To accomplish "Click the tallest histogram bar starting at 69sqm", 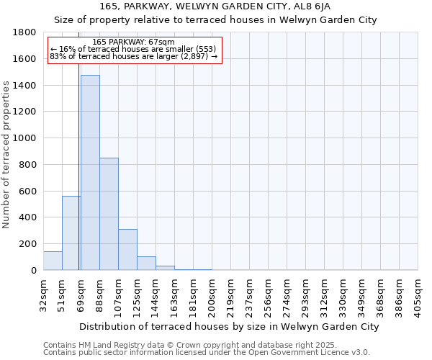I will pyautogui.click(x=90, y=173).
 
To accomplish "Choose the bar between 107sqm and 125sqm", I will pyautogui.click(x=127, y=249).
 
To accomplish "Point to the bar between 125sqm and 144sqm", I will pyautogui.click(x=146, y=263).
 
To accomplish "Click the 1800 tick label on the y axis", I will pyautogui.click(x=25, y=32).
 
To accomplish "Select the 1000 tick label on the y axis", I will pyautogui.click(x=25, y=138).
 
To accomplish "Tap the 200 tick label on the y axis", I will pyautogui.click(x=28, y=244).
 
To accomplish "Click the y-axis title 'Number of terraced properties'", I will pyautogui.click(x=7, y=155).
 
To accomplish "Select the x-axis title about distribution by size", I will pyautogui.click(x=229, y=326).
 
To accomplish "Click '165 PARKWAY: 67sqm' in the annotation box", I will pyautogui.click(x=134, y=42).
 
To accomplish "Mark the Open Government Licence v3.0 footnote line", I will pyautogui.click(x=207, y=352).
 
